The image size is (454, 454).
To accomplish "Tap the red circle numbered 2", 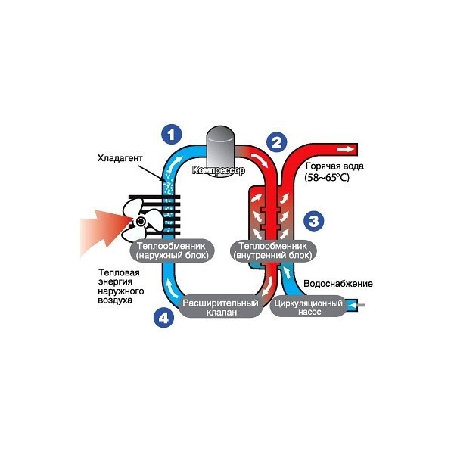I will (x=278, y=141).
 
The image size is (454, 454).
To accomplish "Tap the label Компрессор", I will (x=219, y=170).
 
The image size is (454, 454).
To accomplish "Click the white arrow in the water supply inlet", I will (x=352, y=306).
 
